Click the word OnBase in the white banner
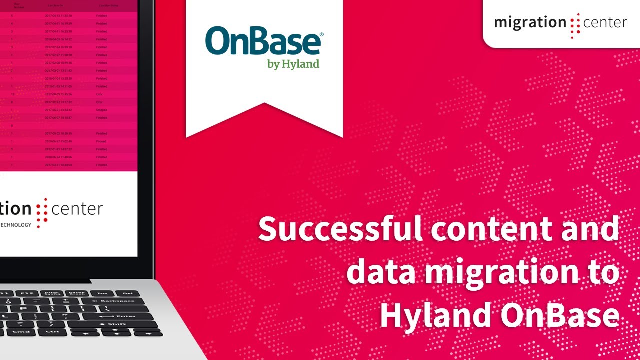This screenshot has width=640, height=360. click(x=262, y=42)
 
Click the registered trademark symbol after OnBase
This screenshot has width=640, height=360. click(x=321, y=34)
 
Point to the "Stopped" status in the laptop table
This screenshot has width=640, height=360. click(x=101, y=110)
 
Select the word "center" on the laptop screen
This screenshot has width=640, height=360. click(x=77, y=209)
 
